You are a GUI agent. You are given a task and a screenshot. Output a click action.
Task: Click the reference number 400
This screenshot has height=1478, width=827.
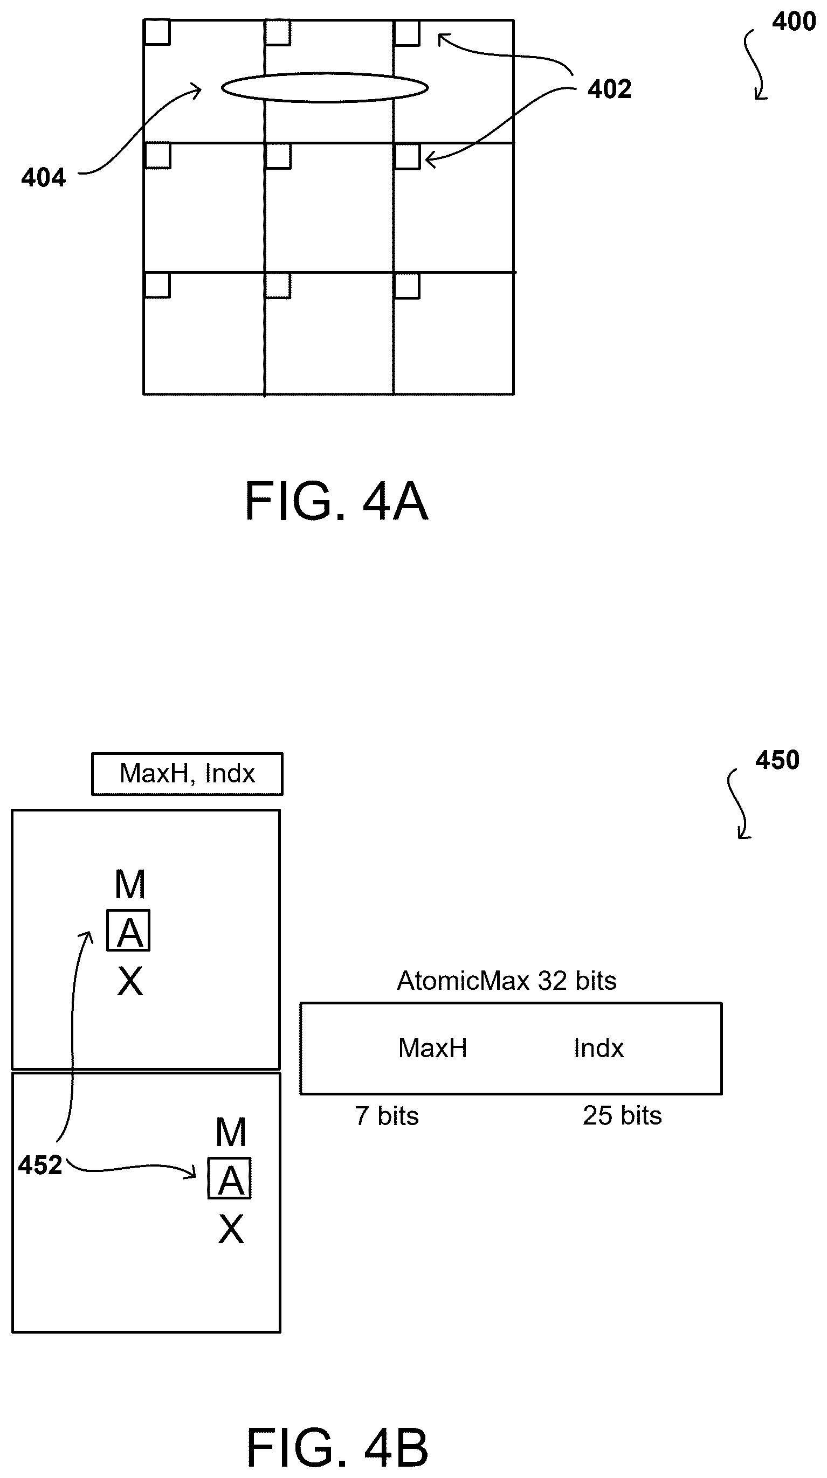pos(794,21)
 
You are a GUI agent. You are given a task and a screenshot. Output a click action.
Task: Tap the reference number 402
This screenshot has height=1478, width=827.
pos(610,89)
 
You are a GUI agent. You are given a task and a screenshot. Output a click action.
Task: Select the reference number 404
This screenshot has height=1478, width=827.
pos(44,177)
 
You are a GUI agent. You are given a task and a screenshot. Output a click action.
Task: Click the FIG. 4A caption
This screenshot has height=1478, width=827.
pos(337,501)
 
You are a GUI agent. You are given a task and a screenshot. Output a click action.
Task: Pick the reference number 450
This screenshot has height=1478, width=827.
pos(777,760)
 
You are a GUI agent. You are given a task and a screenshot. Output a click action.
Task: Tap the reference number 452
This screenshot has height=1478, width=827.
pos(40,1165)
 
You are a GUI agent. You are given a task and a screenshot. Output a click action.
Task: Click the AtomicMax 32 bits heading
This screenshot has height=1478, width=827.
pos(507,981)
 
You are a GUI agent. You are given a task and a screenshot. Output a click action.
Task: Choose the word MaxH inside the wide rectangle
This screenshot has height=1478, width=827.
pos(433,1047)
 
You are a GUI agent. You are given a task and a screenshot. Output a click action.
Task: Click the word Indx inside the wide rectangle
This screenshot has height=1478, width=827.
pos(598,1048)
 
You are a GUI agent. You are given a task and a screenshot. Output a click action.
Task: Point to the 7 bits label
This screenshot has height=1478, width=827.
pos(387,1116)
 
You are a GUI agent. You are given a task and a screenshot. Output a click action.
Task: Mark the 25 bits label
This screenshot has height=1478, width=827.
pos(623,1115)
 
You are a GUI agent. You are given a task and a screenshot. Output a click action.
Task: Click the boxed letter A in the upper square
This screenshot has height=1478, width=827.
pos(128,930)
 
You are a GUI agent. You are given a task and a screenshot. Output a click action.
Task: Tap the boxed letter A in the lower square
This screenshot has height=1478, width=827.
pos(230,1178)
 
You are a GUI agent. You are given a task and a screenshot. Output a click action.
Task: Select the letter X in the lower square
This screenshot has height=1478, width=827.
pos(231,1229)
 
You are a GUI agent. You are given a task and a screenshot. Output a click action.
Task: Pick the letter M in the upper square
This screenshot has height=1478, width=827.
pos(130,884)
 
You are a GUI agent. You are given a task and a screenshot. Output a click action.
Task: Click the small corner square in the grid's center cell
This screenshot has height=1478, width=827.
pos(278,156)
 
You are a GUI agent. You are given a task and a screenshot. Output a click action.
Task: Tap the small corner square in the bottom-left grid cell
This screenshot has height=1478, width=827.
pos(157,285)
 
